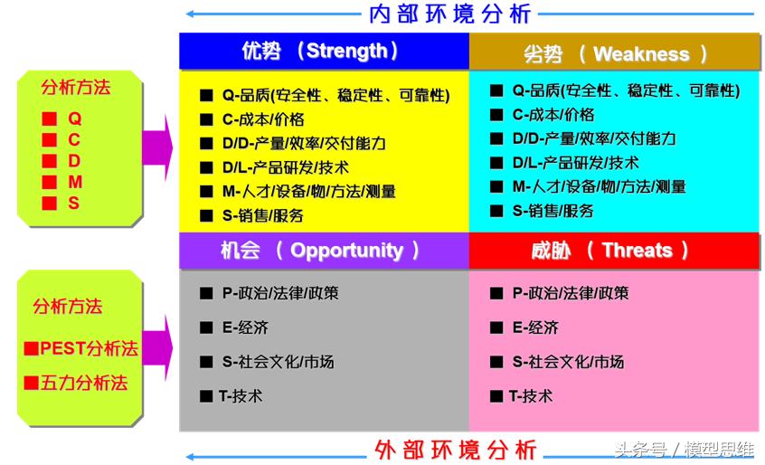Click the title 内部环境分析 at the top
tap(450, 14)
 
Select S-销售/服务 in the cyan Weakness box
tap(552, 211)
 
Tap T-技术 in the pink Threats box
tap(530, 396)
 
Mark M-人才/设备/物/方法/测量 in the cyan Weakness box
tap(599, 186)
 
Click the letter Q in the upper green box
tap(74, 119)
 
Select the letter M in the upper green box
tap(74, 182)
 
